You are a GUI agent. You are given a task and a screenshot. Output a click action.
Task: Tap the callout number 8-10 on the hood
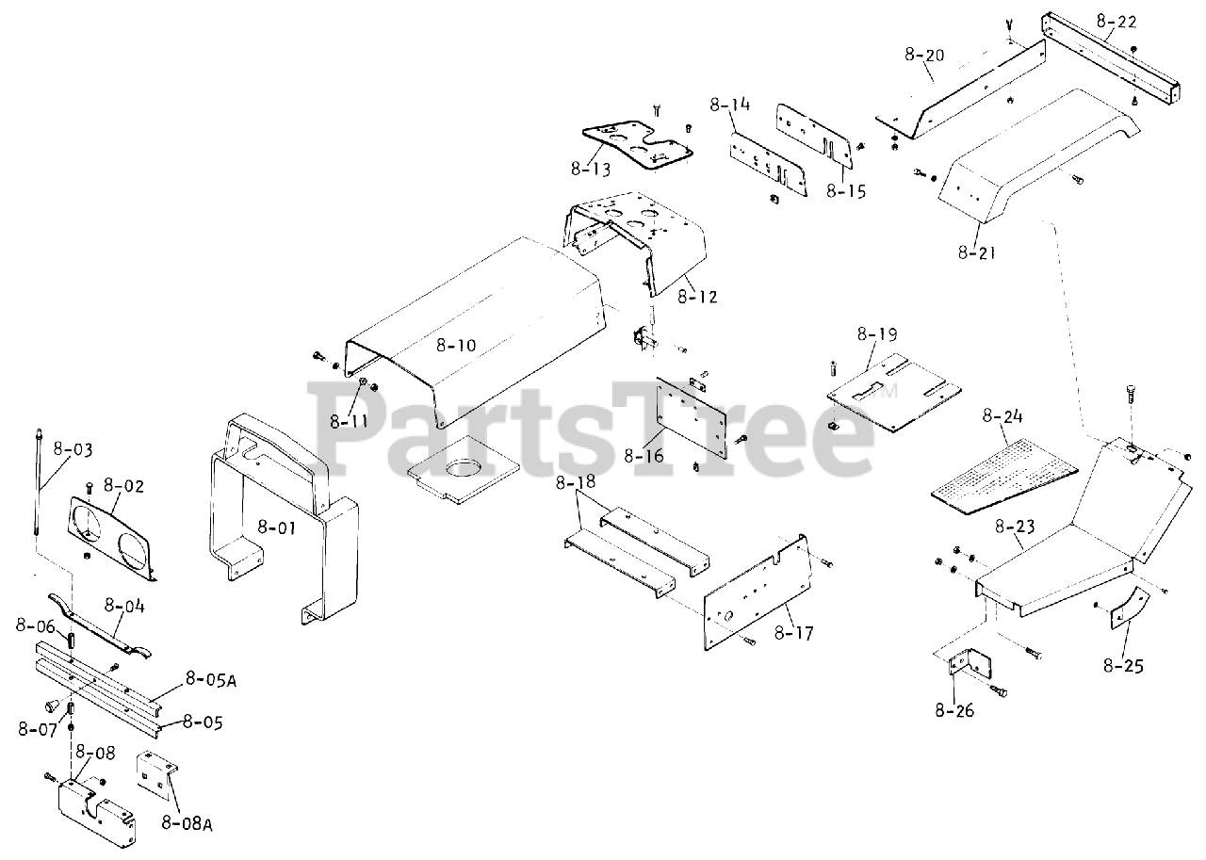coord(456,345)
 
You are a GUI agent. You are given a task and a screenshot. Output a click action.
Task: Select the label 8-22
coord(1116,18)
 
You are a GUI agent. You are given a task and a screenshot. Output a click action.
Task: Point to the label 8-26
coord(954,709)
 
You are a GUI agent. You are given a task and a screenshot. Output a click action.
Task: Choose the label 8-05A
coord(210,677)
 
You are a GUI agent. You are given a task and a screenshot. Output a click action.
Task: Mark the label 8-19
coord(876,333)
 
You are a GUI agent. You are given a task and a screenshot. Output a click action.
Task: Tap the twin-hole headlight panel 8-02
coord(111,535)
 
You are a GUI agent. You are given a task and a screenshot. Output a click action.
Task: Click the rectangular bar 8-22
coord(1112,56)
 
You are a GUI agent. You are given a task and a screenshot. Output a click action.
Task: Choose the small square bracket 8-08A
coord(156,773)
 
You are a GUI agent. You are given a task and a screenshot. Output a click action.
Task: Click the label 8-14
coord(729,104)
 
